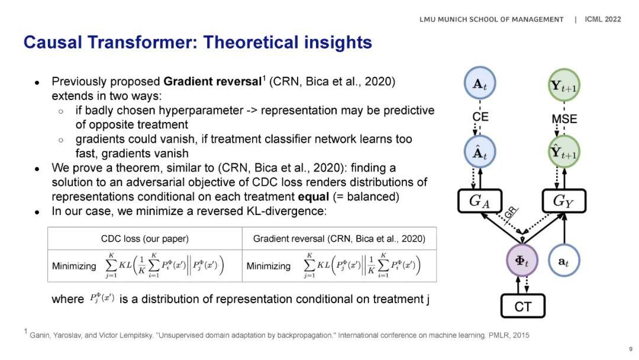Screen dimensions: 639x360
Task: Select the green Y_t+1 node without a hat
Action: tap(564, 85)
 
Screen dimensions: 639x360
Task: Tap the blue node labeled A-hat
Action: tap(480, 152)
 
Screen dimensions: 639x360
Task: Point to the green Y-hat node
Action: tap(564, 152)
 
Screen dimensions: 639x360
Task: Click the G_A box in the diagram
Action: tap(480, 201)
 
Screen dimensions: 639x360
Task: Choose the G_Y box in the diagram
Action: tap(564, 201)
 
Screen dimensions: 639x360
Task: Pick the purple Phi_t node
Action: tap(522, 260)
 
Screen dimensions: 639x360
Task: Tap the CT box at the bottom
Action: tap(523, 306)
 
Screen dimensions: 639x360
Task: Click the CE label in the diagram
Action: tap(480, 117)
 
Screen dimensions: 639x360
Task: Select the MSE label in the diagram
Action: tap(564, 118)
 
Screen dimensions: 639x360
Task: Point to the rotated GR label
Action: tap(510, 213)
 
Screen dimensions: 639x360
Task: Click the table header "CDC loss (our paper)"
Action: tap(145, 239)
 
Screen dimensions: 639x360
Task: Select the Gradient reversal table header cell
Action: tap(339, 239)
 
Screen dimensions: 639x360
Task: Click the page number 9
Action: tap(631, 349)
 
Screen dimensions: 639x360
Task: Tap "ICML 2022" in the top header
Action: tap(603, 19)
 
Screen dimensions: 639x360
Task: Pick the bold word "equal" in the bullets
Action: tap(313, 197)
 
